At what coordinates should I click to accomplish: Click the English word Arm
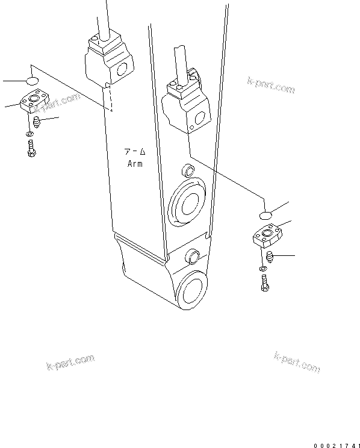pos(135,164)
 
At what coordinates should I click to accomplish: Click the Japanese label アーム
pos(135,152)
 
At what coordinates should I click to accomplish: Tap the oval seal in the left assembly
pos(33,80)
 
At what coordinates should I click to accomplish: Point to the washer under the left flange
pos(29,133)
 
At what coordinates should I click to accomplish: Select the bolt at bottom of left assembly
pos(31,148)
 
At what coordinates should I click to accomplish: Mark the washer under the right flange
pos(262,266)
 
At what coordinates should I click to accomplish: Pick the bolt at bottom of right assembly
pos(264,282)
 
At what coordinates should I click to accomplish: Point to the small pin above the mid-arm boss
pos(187,169)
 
